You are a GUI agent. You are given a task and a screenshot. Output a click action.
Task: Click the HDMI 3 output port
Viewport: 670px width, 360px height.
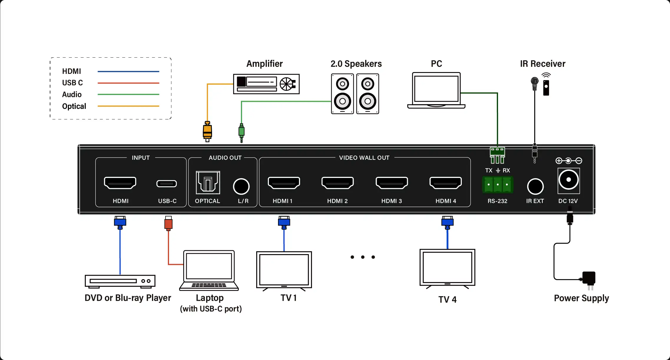[x=392, y=183]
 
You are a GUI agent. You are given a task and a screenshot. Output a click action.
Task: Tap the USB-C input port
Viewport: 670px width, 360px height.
[x=167, y=184]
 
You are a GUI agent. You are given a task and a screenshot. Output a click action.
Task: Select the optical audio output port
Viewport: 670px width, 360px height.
[x=208, y=183]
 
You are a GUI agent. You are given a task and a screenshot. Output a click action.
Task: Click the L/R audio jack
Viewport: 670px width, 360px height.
[x=241, y=186]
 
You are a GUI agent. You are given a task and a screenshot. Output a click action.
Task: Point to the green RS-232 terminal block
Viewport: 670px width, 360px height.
[x=498, y=185]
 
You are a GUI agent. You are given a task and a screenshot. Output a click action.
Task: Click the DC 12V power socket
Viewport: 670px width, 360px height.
[x=569, y=180]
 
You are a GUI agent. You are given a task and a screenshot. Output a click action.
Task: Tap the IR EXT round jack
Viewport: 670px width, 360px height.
[x=535, y=186]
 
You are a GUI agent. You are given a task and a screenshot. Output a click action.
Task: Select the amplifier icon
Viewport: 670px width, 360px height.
[x=266, y=84]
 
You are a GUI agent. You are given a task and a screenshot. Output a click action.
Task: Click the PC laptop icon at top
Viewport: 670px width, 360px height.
[x=436, y=90]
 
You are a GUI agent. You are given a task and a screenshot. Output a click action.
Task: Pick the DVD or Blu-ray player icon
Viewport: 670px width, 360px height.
[x=120, y=281]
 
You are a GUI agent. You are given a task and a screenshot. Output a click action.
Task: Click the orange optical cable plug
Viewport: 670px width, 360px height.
[x=207, y=131]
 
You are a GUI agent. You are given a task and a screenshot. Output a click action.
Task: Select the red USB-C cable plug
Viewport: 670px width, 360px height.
[x=168, y=224]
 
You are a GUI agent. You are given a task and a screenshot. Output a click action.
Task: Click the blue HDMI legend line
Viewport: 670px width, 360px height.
[x=128, y=71]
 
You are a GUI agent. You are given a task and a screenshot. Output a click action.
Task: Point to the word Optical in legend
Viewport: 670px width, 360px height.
[x=74, y=106]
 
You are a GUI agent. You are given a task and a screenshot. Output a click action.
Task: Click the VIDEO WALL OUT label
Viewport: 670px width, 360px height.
[x=364, y=158]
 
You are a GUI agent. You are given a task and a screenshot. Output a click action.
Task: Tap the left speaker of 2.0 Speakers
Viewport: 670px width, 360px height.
[x=342, y=94]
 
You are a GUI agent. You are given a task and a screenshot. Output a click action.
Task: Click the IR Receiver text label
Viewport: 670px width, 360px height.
[x=542, y=64]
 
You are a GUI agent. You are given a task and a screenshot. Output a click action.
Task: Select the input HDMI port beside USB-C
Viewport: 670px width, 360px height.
[x=120, y=183]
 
